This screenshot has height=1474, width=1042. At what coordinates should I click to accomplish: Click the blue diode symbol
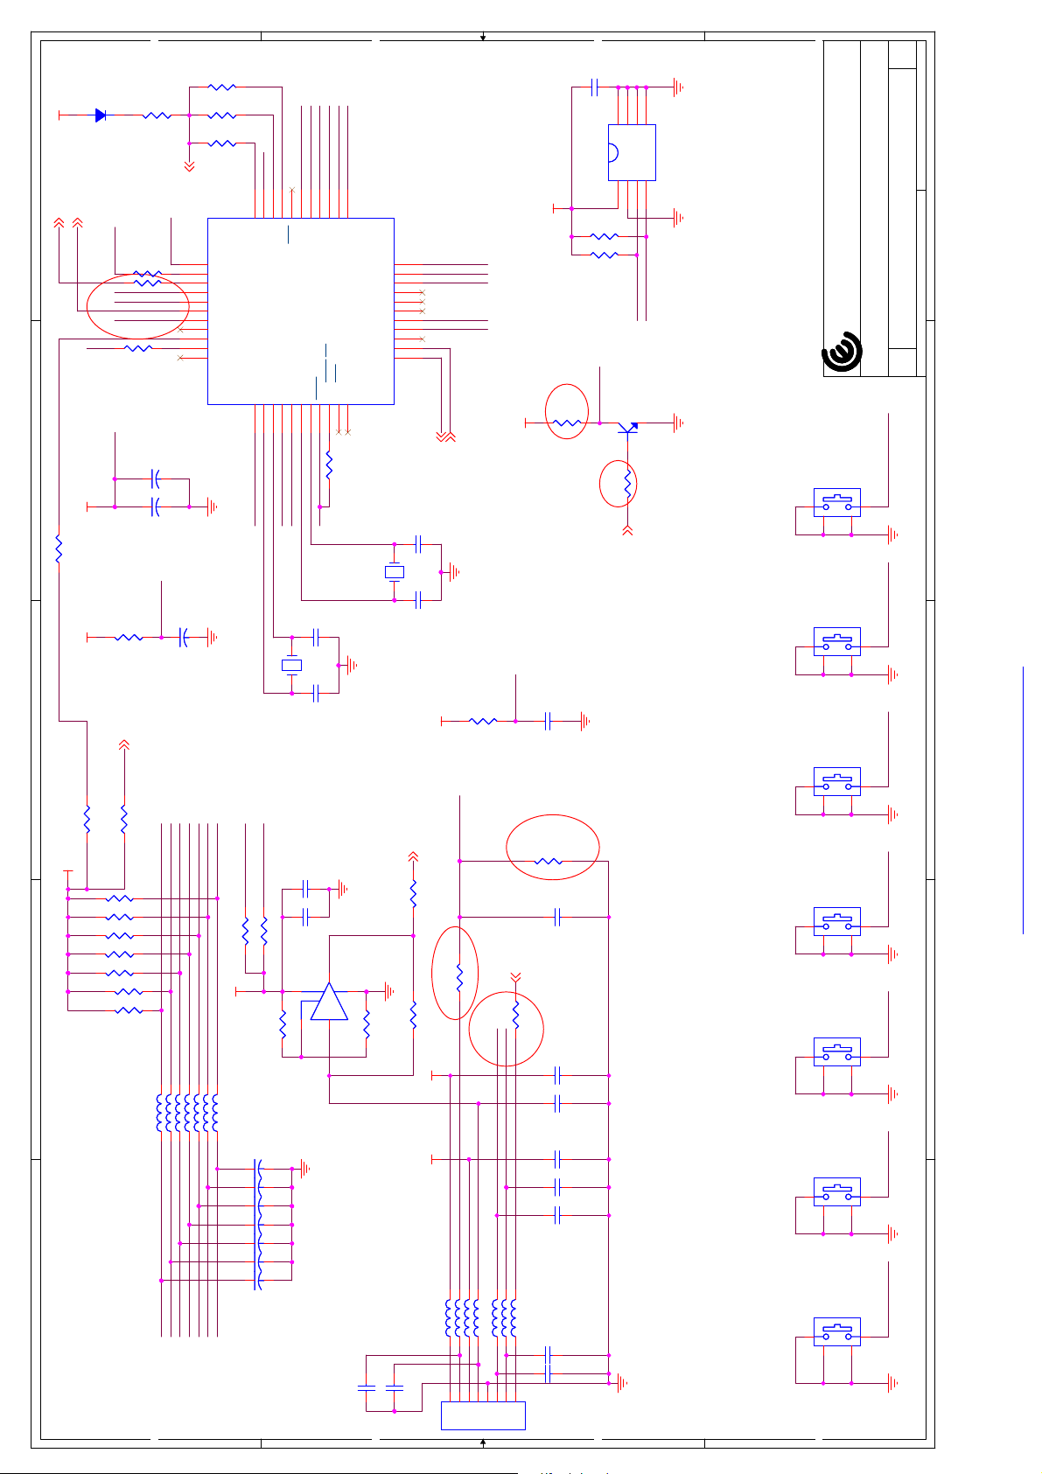(x=101, y=115)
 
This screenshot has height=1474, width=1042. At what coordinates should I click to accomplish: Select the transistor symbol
(x=627, y=428)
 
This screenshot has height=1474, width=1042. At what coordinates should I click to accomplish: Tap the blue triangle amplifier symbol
(x=329, y=1002)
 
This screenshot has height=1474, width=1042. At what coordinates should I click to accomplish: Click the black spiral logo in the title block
(x=842, y=352)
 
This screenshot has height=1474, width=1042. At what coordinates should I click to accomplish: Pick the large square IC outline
(x=300, y=311)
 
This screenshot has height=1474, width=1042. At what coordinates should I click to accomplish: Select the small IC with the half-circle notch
(x=632, y=152)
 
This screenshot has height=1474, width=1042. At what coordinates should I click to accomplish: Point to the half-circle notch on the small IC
(x=612, y=152)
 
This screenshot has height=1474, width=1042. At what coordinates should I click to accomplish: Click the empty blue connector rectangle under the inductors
(x=483, y=1415)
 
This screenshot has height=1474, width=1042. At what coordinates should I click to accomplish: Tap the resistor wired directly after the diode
(x=157, y=115)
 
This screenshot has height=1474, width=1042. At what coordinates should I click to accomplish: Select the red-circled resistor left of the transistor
(x=567, y=423)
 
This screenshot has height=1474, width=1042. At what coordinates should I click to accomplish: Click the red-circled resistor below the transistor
(x=627, y=483)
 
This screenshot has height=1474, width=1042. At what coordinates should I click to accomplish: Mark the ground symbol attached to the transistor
(x=679, y=423)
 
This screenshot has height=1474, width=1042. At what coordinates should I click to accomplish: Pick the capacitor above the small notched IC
(x=595, y=87)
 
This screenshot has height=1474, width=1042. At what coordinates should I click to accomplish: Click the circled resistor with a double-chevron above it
(x=515, y=1015)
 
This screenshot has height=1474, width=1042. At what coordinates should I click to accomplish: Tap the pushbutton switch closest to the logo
(x=837, y=502)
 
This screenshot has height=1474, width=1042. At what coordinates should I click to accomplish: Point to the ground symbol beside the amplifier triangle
(x=389, y=991)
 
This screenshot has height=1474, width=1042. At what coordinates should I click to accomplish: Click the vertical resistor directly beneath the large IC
(x=329, y=465)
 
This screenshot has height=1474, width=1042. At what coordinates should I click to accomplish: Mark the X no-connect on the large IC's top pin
(x=292, y=190)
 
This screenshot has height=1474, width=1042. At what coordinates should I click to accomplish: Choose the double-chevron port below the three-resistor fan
(x=189, y=166)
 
